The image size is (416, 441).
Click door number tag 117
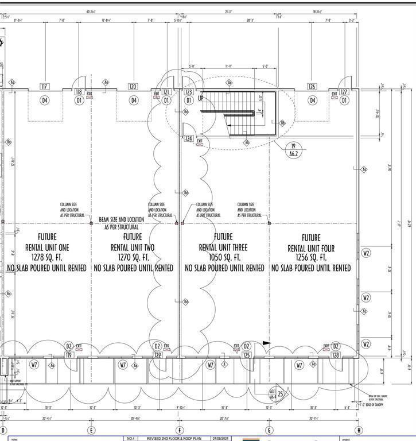(x=44, y=87)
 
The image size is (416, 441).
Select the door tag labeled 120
(x=133, y=87)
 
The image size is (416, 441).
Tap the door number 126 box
(x=312, y=87)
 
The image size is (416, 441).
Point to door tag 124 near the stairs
(x=188, y=138)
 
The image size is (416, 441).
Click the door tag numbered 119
(x=69, y=355)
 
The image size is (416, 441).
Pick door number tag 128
(x=336, y=355)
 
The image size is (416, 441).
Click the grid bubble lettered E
(x=91, y=430)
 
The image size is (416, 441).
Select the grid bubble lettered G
(x=269, y=430)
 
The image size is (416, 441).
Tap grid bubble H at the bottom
(x=359, y=430)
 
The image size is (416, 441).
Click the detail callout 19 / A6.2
(x=293, y=150)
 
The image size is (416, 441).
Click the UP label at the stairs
(x=201, y=98)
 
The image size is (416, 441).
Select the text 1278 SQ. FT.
(x=47, y=257)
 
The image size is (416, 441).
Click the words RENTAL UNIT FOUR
(x=311, y=248)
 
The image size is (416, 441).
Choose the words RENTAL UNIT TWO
(x=133, y=247)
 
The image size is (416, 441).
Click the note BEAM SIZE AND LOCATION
(x=122, y=219)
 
